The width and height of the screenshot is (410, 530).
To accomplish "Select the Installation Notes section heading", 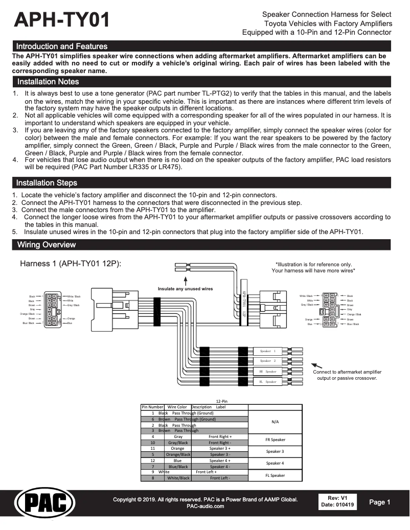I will [48, 82].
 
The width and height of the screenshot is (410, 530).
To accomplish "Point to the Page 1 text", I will [380, 502].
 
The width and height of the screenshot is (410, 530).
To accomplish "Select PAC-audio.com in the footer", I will [205, 506].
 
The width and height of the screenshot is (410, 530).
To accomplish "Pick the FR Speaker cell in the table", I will [275, 440].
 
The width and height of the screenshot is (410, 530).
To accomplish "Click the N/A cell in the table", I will [275, 422].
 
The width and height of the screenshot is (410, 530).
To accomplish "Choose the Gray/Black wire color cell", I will [178, 443].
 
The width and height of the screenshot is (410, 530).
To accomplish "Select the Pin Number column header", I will [152, 407].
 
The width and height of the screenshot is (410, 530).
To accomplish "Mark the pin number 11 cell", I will [152, 448].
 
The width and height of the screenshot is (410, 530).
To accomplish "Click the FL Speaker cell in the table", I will [275, 475].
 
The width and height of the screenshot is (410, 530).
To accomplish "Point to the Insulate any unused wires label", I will [185, 289].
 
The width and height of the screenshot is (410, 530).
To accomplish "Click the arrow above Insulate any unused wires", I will [185, 280].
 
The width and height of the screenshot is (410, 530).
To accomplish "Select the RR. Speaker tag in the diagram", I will [267, 372].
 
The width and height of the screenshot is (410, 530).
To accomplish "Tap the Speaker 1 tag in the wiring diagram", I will [267, 351].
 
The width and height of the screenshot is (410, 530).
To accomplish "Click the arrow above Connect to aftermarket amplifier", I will [317, 364].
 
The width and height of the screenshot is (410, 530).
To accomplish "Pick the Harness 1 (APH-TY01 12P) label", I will [70, 264].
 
